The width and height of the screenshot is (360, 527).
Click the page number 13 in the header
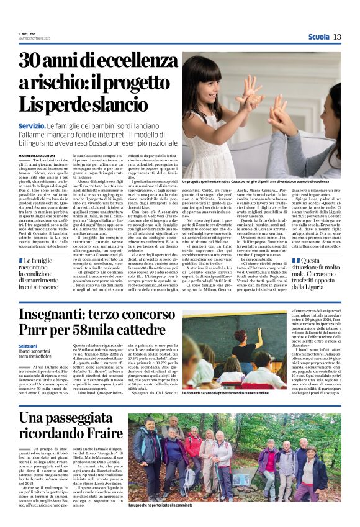(337, 37)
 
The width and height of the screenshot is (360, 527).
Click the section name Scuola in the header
(318, 37)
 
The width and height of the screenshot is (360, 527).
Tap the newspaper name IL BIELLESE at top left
(28, 35)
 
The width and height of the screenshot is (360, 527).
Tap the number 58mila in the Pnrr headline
(104, 333)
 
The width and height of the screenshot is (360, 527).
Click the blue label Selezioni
(29, 346)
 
